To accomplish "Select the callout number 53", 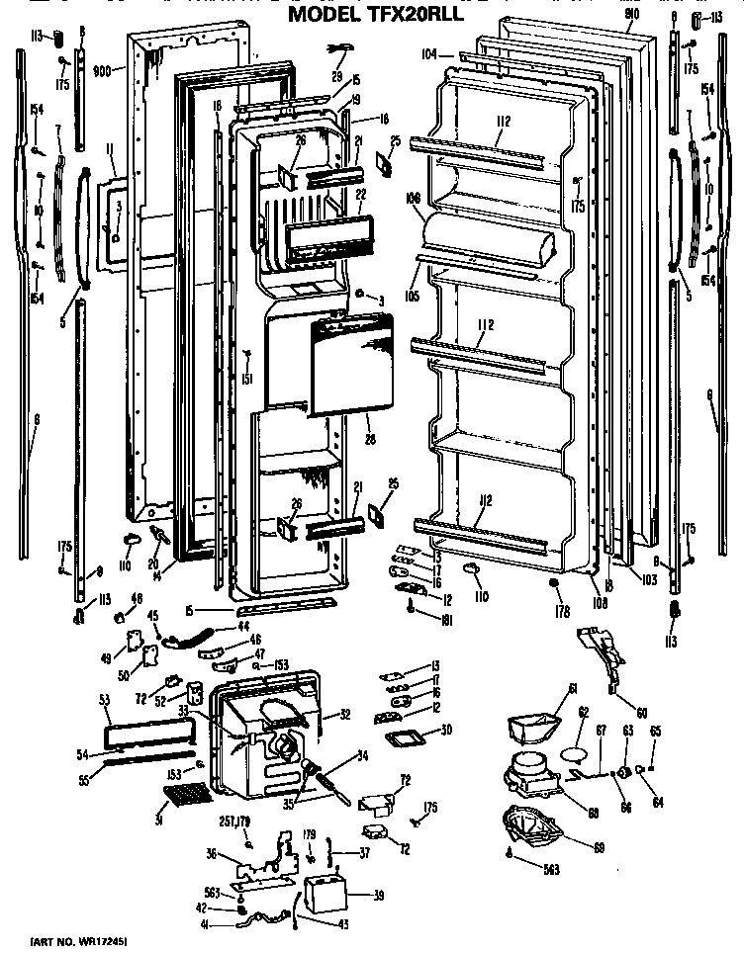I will pos(104,701).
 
